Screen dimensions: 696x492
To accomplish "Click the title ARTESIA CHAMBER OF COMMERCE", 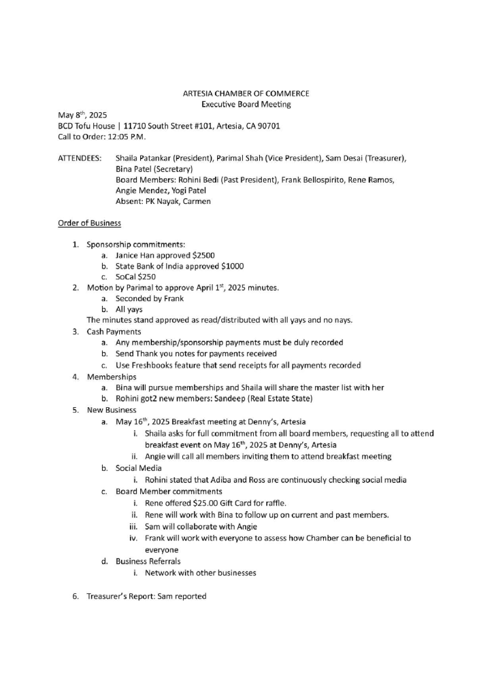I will click(x=246, y=93).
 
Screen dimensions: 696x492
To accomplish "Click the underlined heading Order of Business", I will click(x=89, y=223).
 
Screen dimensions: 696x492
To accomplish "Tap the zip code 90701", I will click(x=266, y=126).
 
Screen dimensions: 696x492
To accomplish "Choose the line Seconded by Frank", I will click(x=150, y=298).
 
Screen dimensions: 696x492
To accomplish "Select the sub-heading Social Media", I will click(x=139, y=468).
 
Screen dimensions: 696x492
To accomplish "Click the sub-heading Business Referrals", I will click(x=148, y=561).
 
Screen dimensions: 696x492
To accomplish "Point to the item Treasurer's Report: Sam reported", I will click(x=146, y=596).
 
